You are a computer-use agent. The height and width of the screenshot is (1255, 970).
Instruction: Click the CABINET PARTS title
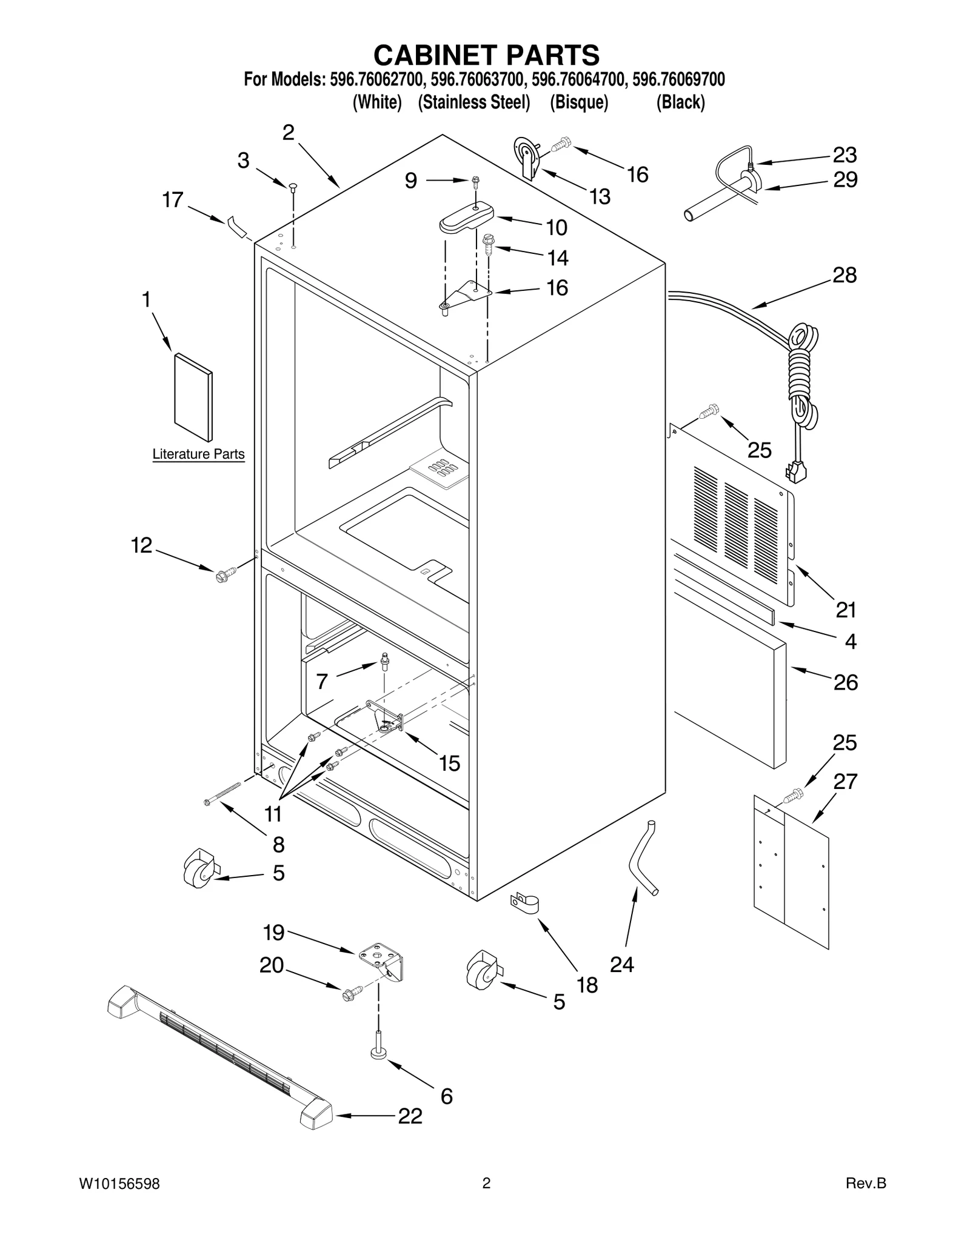tap(486, 55)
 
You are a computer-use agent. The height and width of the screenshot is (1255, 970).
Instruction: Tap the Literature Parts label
tap(198, 454)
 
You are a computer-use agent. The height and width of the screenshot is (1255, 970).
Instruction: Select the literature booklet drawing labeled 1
tap(193, 398)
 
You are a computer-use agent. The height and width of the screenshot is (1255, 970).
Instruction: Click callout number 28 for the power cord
tap(844, 275)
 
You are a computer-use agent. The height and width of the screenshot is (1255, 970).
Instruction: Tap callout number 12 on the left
tap(142, 545)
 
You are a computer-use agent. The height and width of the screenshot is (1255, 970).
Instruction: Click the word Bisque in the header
tap(578, 102)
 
